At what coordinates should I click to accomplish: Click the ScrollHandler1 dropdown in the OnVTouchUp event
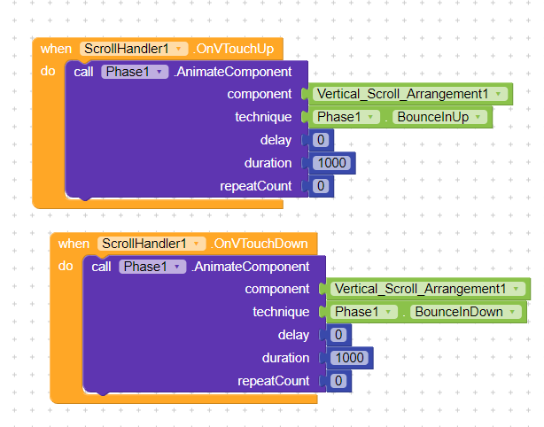pyautogui.click(x=134, y=49)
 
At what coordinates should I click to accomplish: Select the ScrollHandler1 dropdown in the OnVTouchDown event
pyautogui.click(x=152, y=244)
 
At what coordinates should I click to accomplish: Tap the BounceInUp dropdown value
pyautogui.click(x=441, y=117)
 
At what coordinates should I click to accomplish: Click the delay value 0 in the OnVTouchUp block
pyautogui.click(x=321, y=140)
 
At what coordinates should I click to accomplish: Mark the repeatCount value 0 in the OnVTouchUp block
pyautogui.click(x=321, y=186)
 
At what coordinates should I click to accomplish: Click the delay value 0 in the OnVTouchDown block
pyautogui.click(x=338, y=335)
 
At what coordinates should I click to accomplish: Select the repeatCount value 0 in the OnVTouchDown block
pyautogui.click(x=338, y=381)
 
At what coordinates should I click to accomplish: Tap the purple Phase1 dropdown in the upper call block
pyautogui.click(x=134, y=72)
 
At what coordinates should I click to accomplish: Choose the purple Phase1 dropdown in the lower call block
pyautogui.click(x=152, y=267)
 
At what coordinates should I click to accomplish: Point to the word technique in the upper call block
pyautogui.click(x=263, y=117)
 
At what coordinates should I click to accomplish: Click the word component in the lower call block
pyautogui.click(x=277, y=289)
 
